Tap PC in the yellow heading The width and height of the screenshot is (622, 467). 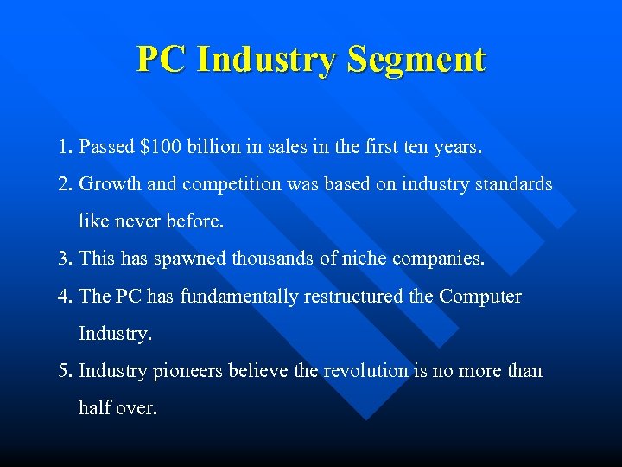161,61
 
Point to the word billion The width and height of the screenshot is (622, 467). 223,147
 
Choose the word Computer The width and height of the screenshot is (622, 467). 480,296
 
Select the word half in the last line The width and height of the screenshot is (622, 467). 95,407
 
